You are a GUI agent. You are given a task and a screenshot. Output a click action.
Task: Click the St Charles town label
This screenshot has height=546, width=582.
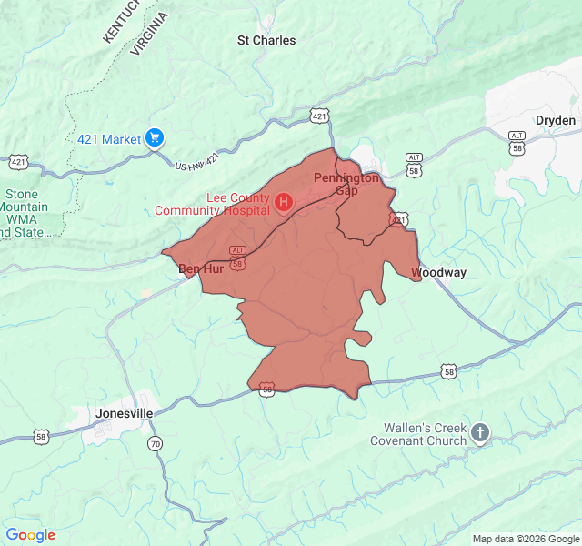pos(266,40)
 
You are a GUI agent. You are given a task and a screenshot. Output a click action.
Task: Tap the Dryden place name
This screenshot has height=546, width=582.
pos(555,120)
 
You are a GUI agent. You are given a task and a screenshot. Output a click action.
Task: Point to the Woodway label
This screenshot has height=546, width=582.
pos(438,272)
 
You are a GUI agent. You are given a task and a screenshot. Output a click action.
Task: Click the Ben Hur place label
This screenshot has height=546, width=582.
pos(200,269)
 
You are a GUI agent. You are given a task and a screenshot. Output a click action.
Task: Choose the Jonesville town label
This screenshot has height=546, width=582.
pos(124,412)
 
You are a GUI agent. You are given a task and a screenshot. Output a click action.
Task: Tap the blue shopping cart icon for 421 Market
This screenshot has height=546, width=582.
pos(155,138)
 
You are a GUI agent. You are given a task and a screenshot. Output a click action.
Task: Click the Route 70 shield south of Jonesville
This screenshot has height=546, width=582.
pos(156,443)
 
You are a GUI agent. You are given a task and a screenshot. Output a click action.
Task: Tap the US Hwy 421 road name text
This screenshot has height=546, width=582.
pos(198,162)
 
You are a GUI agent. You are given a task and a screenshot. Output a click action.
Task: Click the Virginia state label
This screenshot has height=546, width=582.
pos(149,35)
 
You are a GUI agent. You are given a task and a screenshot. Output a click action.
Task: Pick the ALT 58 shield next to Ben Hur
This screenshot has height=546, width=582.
pos(237,258)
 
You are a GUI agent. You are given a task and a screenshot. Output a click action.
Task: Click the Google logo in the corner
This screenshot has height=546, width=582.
pos(30,535)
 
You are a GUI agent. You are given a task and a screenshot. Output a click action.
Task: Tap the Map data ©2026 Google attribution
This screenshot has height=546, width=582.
pos(526,539)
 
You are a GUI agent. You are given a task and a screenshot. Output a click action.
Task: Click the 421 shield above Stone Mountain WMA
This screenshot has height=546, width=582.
pos(18,162)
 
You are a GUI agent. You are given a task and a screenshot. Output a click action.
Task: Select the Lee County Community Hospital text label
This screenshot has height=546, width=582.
pos(212,205)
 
